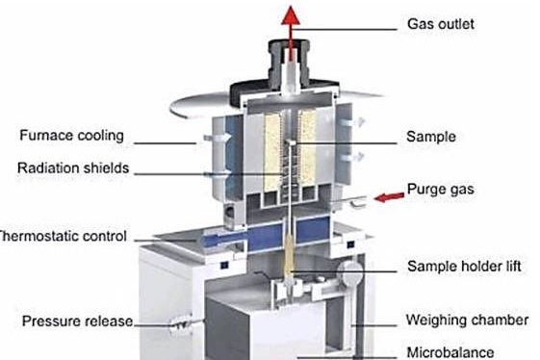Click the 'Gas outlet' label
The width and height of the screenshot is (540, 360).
(x=441, y=23)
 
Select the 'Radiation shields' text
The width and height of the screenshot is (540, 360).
(x=72, y=168)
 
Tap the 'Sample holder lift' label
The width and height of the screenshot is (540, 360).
(x=464, y=266)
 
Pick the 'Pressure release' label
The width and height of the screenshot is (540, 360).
(x=77, y=320)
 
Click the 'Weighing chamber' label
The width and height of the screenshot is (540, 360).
(x=468, y=320)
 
